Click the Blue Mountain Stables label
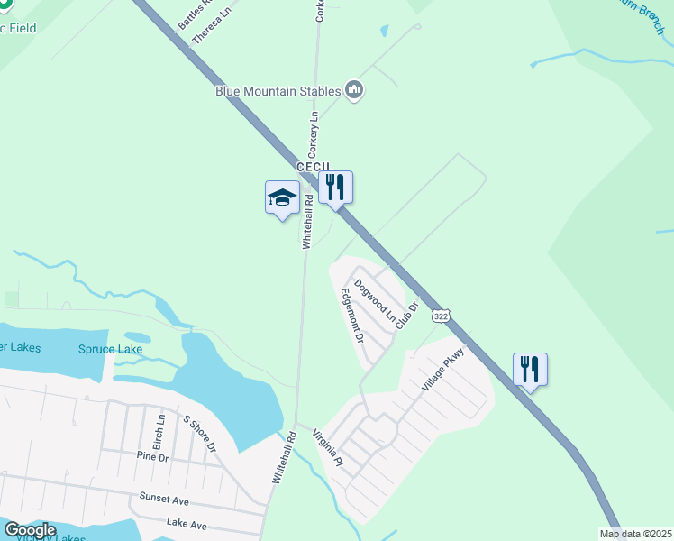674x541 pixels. [278, 90]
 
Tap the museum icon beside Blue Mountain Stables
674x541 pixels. [354, 90]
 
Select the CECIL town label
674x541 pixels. [314, 168]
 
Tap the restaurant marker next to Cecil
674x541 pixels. [335, 188]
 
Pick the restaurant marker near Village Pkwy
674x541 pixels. [530, 369]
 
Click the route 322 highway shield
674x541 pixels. [440, 316]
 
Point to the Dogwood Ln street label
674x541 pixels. [375, 299]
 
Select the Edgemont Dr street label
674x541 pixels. [351, 316]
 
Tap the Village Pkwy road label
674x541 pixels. [442, 368]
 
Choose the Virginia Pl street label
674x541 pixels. [328, 448]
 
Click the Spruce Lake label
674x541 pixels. [110, 349]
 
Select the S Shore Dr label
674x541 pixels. [200, 434]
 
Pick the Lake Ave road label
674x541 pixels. [187, 523]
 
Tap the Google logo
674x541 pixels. [30, 530]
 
